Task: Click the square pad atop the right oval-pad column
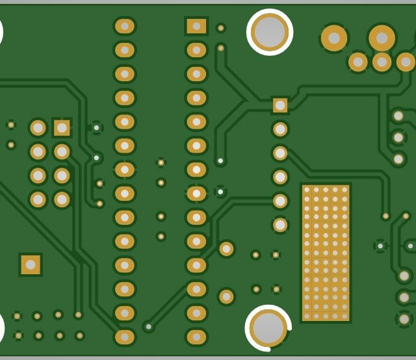[196, 26]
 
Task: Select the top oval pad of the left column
[124, 26]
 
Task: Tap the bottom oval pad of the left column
[124, 337]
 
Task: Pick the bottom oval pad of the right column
[196, 337]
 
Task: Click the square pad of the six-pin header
[280, 105]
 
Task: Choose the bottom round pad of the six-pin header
[280, 225]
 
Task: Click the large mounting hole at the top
[269, 32]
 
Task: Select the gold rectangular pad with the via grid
[326, 253]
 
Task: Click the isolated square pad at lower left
[30, 264]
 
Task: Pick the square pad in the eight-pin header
[62, 127]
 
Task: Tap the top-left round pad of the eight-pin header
[38, 127]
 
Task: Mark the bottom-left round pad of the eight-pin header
[38, 199]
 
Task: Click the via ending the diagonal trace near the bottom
[149, 327]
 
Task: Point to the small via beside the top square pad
[221, 28]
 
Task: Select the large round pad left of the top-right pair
[333, 38]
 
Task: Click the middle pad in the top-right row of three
[382, 62]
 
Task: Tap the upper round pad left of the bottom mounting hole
[226, 249]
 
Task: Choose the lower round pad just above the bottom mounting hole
[226, 296]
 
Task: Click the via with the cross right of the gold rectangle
[380, 246]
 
